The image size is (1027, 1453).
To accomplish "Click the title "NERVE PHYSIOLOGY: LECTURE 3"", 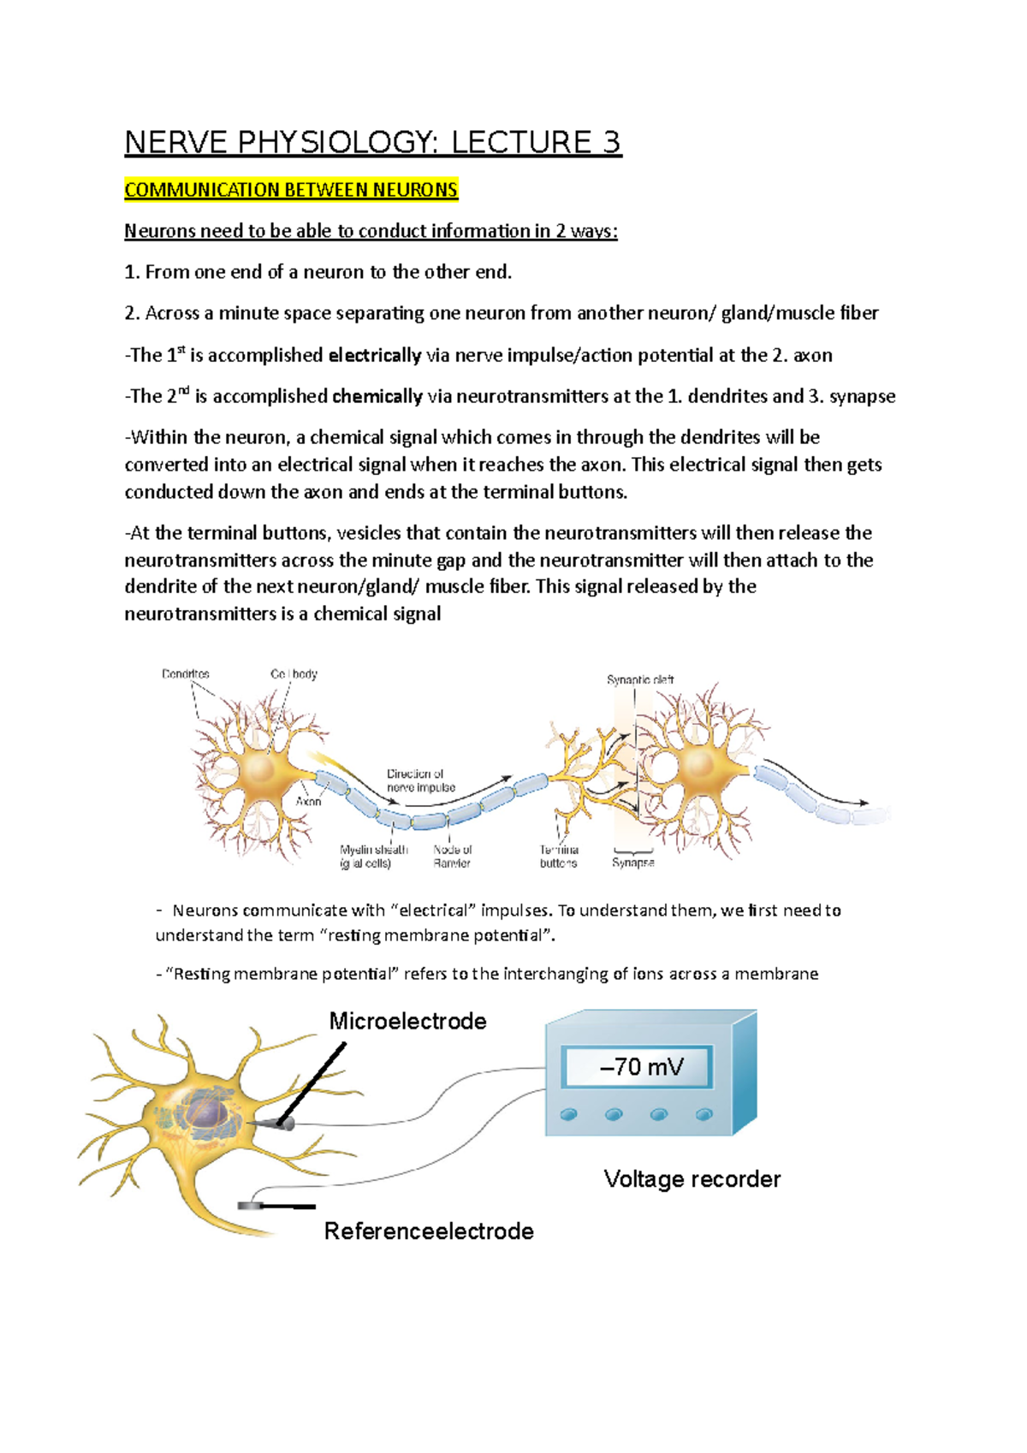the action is click(x=372, y=142).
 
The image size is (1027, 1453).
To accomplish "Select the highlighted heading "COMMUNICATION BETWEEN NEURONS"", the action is click(x=291, y=189).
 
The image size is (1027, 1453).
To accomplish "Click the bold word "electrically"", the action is click(x=375, y=355).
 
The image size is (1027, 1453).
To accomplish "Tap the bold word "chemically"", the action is click(x=377, y=396).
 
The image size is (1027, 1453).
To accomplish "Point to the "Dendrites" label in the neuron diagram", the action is click(x=186, y=674).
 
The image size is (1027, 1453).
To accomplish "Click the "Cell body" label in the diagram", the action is click(x=294, y=674).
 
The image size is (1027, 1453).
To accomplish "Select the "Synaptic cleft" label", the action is click(x=640, y=680).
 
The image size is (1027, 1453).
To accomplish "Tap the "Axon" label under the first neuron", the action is click(x=308, y=802).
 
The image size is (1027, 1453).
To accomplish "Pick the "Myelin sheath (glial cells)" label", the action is click(x=374, y=857).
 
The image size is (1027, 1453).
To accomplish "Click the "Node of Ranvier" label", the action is click(x=452, y=857).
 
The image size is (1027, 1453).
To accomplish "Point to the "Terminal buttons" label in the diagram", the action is click(x=559, y=857).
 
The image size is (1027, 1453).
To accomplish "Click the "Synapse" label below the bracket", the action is click(x=633, y=863).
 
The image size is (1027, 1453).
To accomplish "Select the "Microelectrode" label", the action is click(x=408, y=1021).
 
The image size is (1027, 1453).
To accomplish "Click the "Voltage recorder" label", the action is click(x=692, y=1179).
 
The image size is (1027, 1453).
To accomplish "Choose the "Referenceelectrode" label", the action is click(x=429, y=1231).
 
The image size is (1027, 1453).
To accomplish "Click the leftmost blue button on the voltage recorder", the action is click(x=568, y=1114).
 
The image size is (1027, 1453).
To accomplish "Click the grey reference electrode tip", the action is click(x=252, y=1206).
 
